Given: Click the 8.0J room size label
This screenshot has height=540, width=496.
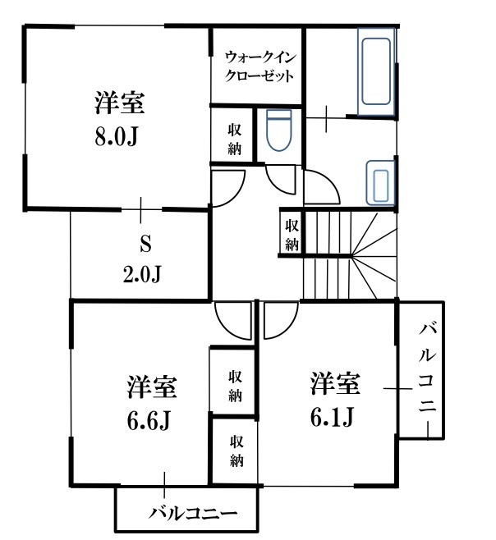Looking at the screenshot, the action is [116, 137].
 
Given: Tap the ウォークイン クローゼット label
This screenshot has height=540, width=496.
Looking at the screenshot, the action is [260, 66].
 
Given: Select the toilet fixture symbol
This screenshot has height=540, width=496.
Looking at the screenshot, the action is [279, 130].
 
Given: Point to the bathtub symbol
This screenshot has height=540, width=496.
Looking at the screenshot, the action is [376, 71].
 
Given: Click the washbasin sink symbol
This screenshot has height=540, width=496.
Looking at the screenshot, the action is [380, 182].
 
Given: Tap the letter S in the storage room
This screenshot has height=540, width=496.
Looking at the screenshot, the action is [145, 245].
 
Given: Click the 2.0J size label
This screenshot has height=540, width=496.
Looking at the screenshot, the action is [142, 274].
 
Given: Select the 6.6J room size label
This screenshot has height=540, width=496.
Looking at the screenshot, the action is [148, 421].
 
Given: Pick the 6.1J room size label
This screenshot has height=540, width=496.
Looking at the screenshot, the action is [332, 417].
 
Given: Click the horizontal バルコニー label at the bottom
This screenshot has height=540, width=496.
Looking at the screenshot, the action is [193, 514].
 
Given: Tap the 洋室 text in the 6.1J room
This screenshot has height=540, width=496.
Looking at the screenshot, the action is [335, 383].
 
